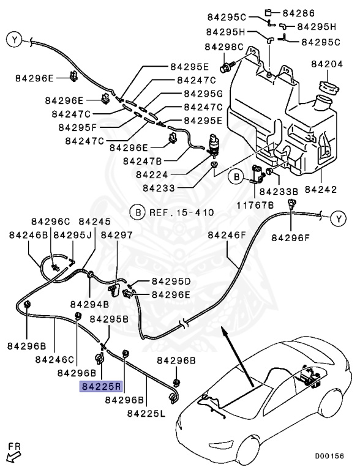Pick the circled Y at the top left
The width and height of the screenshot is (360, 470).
coord(14,41)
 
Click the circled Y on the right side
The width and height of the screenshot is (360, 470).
coord(339,218)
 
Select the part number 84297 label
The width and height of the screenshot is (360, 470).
coord(116,235)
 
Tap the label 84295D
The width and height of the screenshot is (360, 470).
coord(165,282)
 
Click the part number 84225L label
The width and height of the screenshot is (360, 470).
coord(146,414)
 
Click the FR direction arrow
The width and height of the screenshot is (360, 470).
coord(13,455)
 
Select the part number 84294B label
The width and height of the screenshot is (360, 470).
coord(89,304)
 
